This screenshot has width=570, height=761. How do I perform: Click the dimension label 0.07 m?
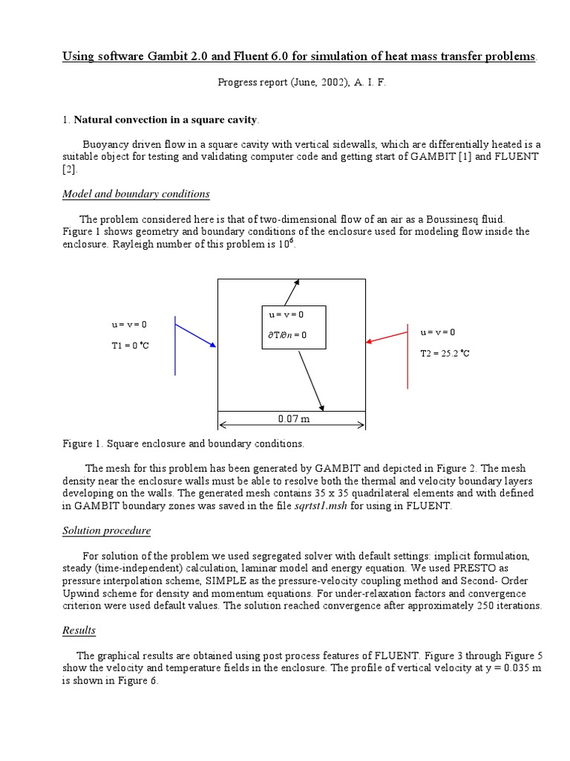(293, 419)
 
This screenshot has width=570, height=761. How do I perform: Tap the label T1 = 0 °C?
(130, 346)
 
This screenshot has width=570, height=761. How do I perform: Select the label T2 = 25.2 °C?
(445, 353)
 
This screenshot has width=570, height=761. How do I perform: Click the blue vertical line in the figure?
(175, 345)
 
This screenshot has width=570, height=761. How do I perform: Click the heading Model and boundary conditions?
(136, 194)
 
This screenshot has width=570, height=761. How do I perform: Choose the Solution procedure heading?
(106, 531)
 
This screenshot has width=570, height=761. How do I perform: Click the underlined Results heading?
(79, 630)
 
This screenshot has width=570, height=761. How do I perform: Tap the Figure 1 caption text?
(183, 444)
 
